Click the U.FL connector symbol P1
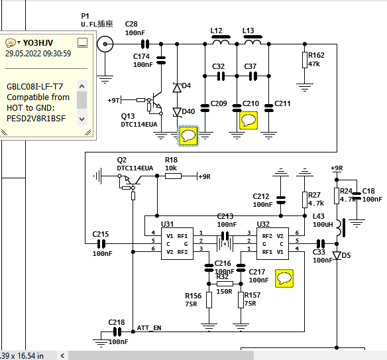[105, 44]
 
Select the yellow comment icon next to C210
[249, 121]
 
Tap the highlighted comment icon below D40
[188, 136]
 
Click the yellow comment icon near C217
[284, 278]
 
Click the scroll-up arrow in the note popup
[82, 86]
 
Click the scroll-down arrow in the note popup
[82, 119]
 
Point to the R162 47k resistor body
[305, 60]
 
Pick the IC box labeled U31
[177, 244]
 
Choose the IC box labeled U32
[272, 244]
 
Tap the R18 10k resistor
[173, 176]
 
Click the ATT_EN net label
[149, 328]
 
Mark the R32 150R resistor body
[225, 284]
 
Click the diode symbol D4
[177, 88]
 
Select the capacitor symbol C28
[145, 44]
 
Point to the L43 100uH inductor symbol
[340, 227]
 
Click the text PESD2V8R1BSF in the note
[36, 119]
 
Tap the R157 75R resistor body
[241, 300]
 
